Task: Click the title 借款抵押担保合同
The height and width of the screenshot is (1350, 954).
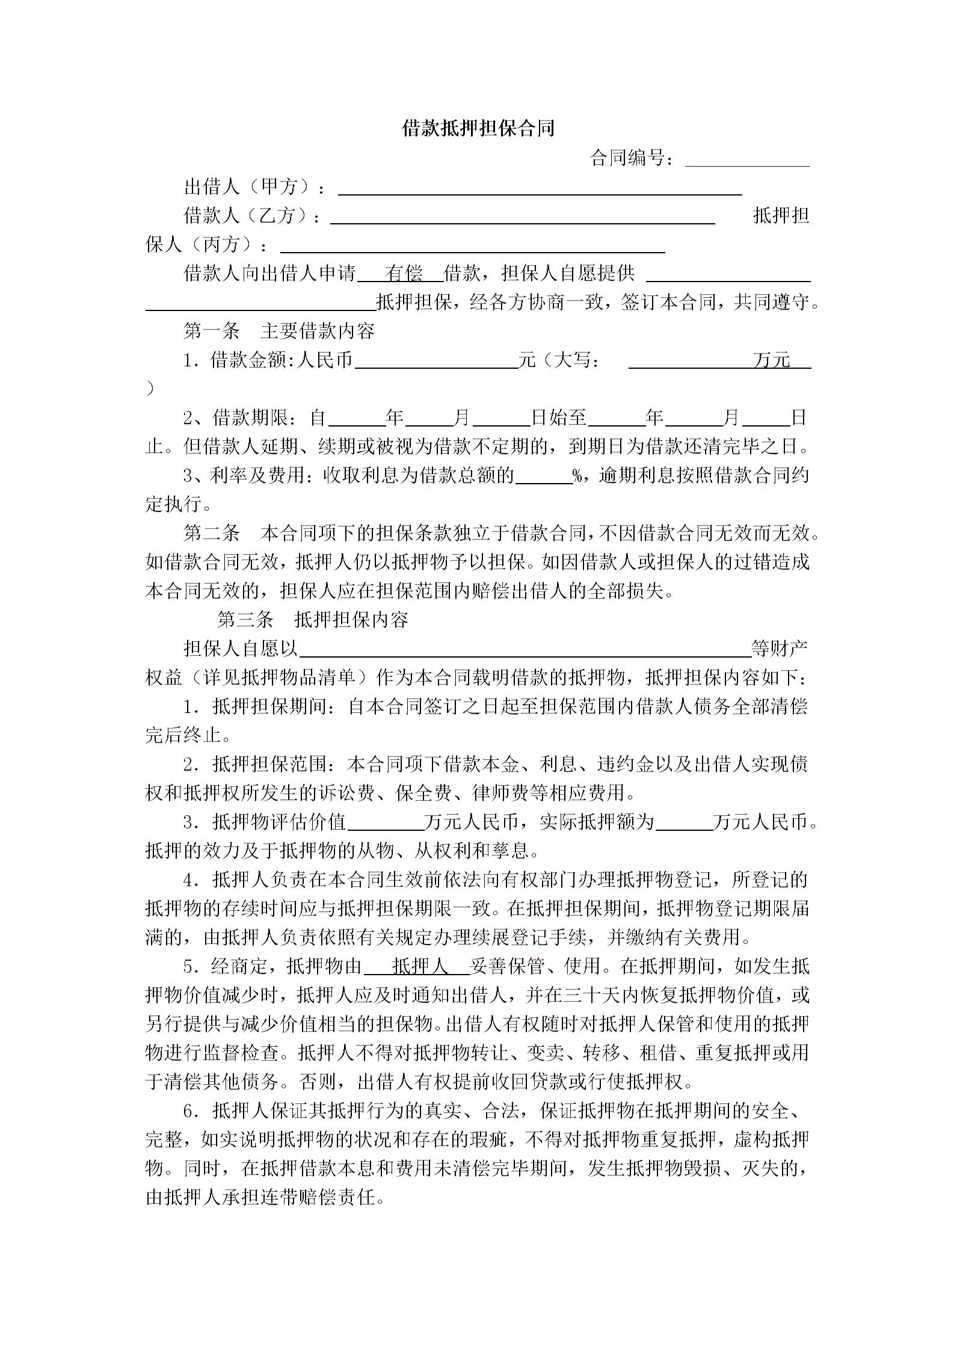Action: tap(478, 129)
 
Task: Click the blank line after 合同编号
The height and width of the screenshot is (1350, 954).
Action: tap(747, 160)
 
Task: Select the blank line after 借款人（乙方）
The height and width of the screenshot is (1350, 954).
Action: tap(522, 218)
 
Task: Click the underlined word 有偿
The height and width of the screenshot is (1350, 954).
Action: tap(404, 274)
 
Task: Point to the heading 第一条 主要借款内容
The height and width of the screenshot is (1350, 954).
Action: tap(279, 331)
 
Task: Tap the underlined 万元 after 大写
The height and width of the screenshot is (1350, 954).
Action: tap(771, 360)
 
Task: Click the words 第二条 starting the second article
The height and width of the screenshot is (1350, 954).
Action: tap(212, 533)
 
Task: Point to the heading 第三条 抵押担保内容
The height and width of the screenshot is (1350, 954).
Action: tap(313, 620)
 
